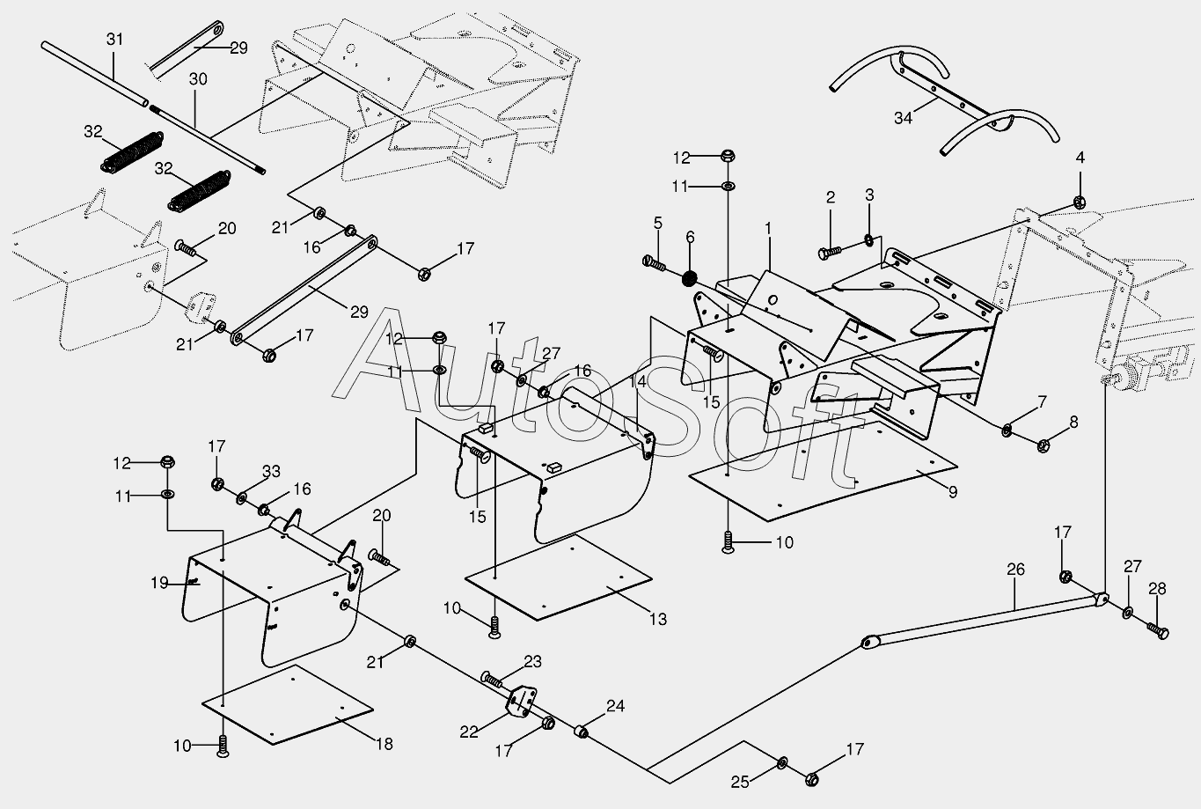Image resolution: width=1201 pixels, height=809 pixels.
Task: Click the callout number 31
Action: coord(115,39)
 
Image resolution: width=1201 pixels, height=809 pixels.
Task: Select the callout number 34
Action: coord(902,118)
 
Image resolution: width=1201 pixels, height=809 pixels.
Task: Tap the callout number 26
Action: coord(1015,570)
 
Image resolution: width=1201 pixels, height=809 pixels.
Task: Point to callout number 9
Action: coord(953,493)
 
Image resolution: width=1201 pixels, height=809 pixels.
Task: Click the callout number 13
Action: coord(658,619)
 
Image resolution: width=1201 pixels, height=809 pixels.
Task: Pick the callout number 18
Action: coord(384,744)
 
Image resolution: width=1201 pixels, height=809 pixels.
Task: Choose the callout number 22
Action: coord(469,730)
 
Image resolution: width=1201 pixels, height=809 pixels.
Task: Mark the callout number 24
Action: coord(615,705)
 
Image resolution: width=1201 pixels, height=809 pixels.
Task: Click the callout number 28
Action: coord(1156,589)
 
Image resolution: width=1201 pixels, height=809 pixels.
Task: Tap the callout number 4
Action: coord(1080,158)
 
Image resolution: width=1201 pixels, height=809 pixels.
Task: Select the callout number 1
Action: coord(767,227)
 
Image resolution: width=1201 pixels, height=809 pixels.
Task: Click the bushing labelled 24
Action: coord(582,731)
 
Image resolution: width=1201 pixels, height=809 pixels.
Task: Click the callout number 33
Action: coord(271,471)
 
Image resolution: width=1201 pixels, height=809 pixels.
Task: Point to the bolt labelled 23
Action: coord(491,679)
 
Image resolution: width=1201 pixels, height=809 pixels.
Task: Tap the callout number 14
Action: coord(637,381)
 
